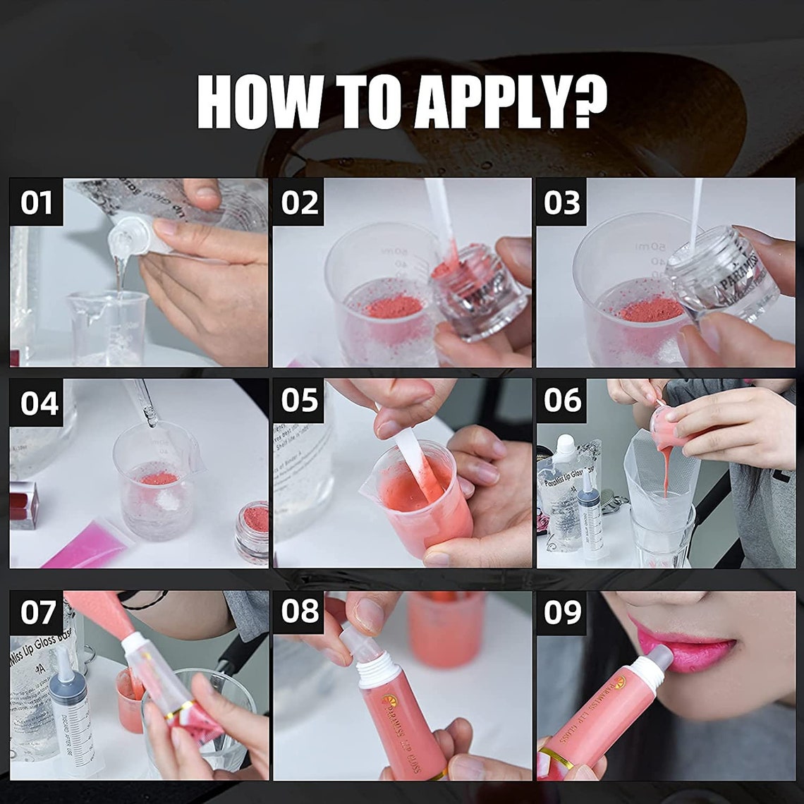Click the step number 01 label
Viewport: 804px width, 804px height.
(x=36, y=202)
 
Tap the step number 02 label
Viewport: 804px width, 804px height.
(x=299, y=202)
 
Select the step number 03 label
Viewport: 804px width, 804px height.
(x=561, y=202)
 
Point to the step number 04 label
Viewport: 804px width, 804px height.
(x=38, y=403)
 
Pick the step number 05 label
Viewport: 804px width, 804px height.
(x=299, y=401)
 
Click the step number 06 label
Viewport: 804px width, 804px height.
(x=562, y=401)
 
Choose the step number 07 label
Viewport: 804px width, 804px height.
(x=36, y=612)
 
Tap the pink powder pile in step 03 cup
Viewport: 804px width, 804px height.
(x=650, y=309)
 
